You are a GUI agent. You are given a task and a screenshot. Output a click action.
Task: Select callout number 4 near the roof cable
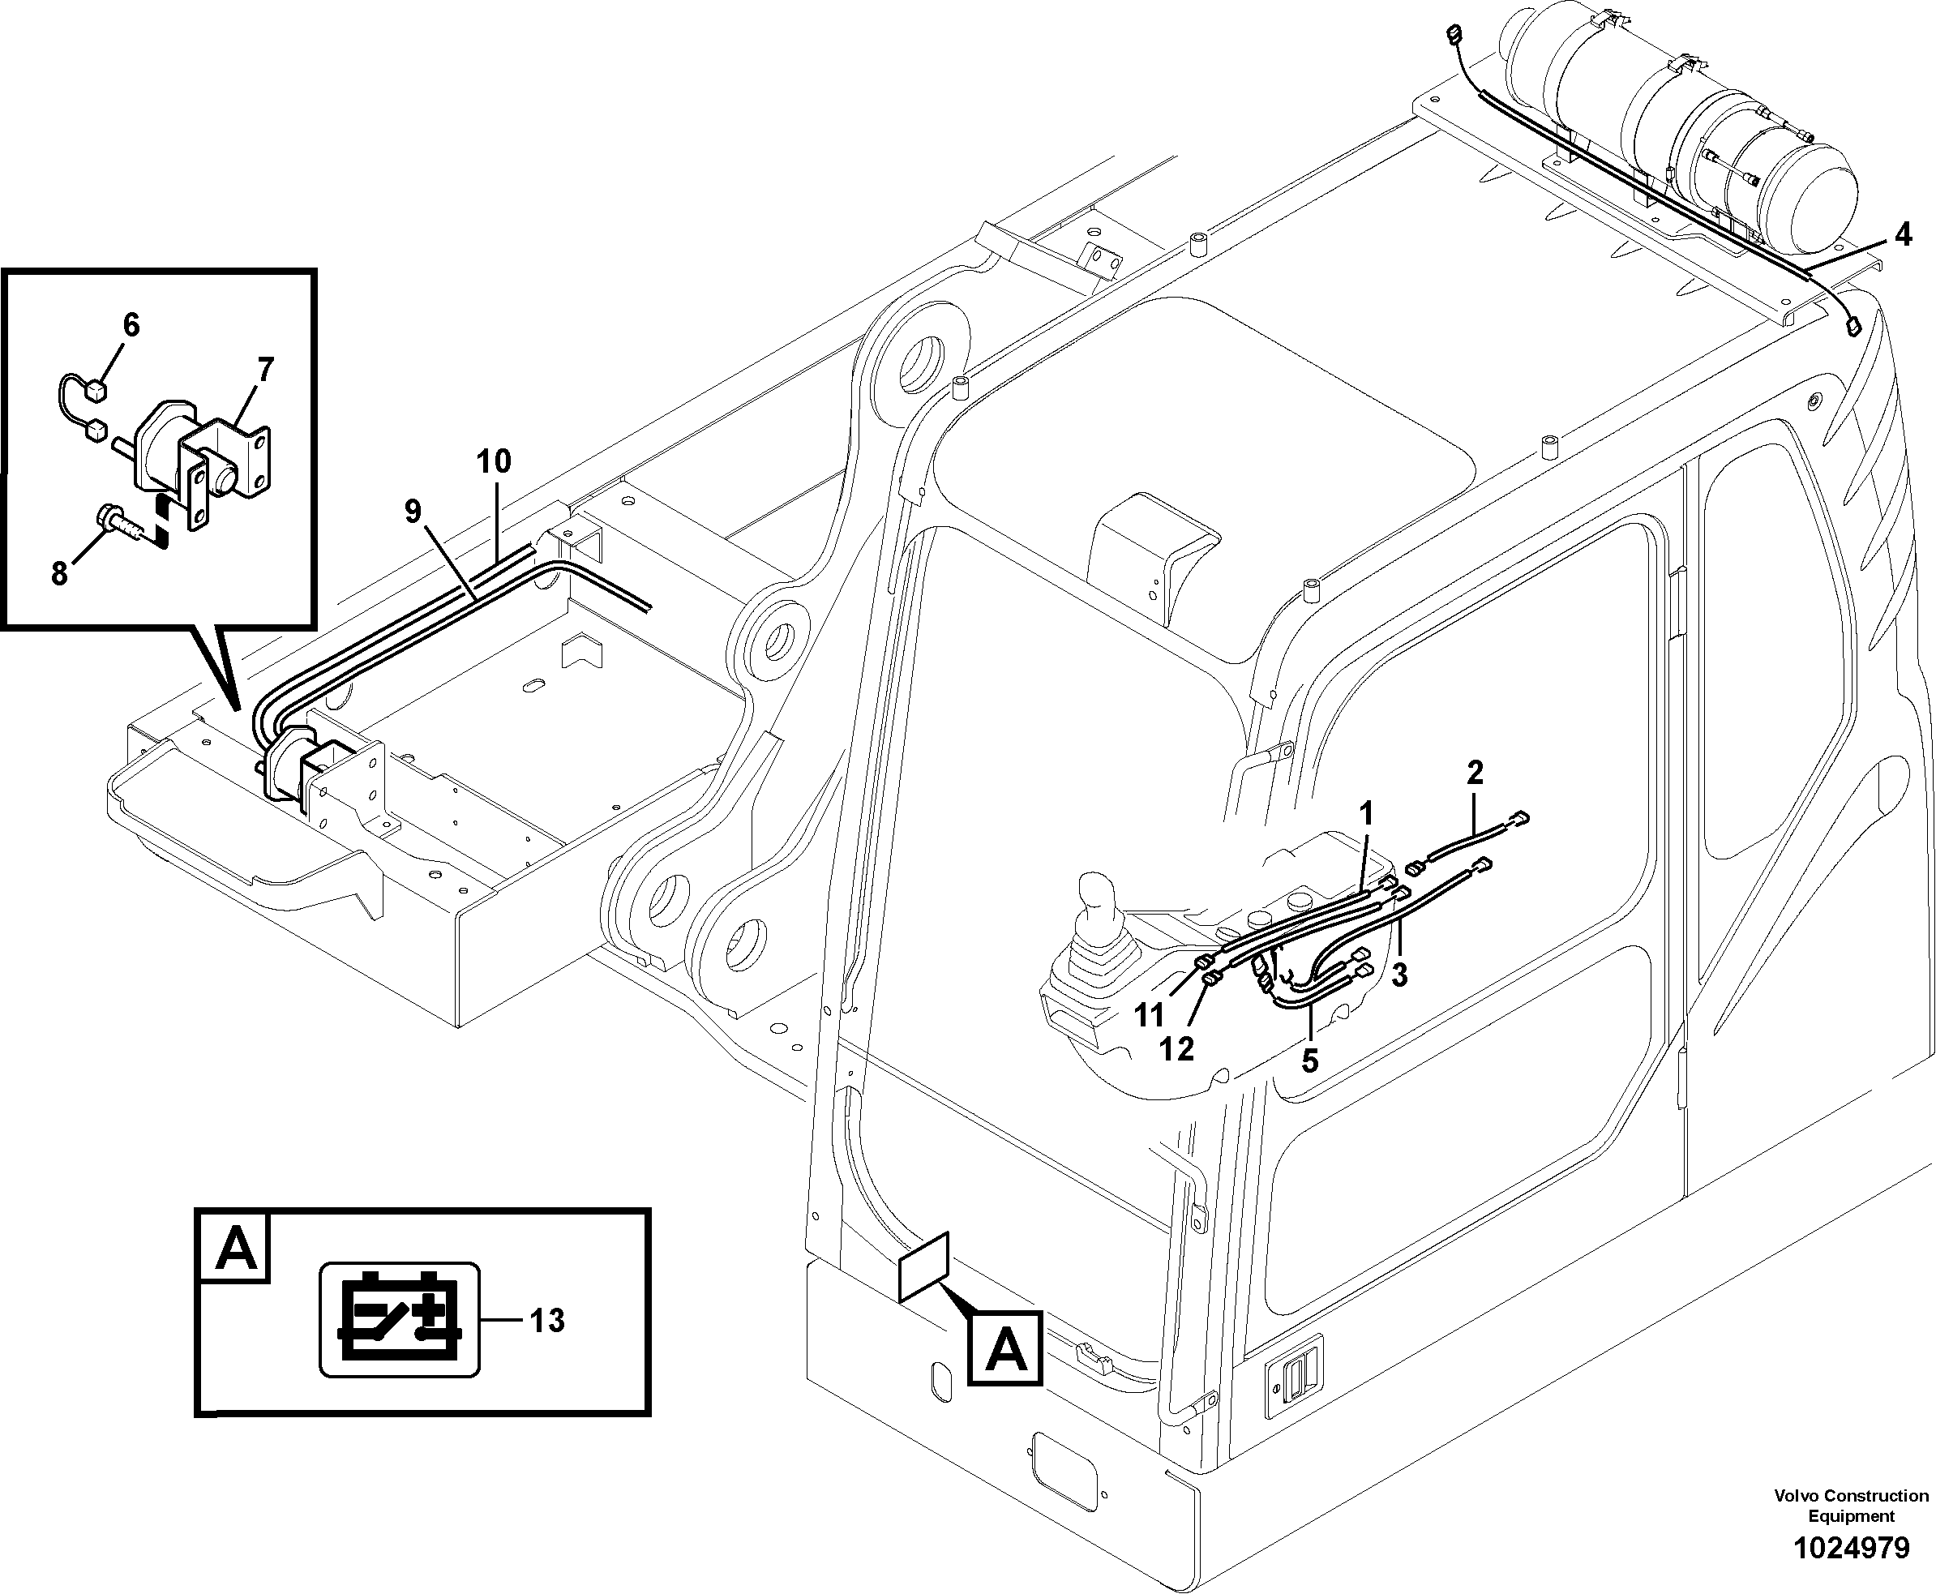[1903, 235]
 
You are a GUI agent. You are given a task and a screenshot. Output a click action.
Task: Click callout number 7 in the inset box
[265, 370]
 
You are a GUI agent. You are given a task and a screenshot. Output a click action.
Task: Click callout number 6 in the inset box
[131, 324]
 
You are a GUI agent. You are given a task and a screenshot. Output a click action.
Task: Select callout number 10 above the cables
[494, 461]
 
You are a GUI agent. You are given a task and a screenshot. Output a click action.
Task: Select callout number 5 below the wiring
[1309, 1061]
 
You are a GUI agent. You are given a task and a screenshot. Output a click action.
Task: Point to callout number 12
[1176, 1048]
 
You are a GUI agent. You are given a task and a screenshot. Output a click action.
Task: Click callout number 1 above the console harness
[1366, 813]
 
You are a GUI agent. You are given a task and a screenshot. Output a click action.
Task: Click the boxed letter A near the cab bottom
[1006, 1351]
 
